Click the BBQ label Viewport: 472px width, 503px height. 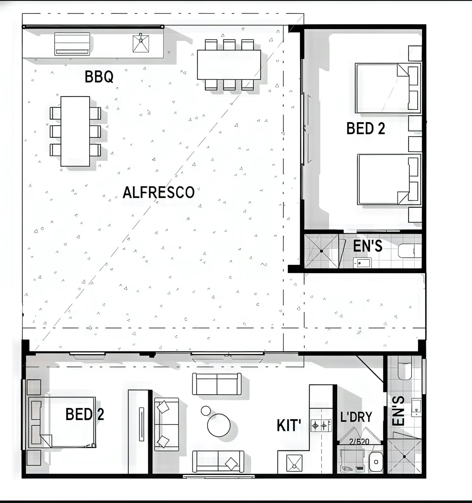[x=99, y=77]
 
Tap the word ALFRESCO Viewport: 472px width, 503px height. [x=158, y=192]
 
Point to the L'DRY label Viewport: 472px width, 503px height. [x=356, y=417]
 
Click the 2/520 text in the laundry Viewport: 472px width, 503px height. [x=359, y=442]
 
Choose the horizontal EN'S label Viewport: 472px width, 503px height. [x=367, y=246]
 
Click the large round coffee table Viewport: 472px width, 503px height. [x=219, y=425]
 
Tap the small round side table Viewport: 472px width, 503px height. [x=206, y=411]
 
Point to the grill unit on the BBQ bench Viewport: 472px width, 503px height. [x=72, y=44]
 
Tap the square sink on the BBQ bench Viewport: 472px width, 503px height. [x=141, y=44]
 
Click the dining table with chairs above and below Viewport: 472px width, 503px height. [x=229, y=64]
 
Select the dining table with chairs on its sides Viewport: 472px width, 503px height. [x=75, y=131]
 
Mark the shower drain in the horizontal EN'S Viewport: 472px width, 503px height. [x=321, y=251]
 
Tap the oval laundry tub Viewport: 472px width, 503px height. [x=376, y=462]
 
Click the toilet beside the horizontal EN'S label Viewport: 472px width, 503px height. [x=410, y=251]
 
